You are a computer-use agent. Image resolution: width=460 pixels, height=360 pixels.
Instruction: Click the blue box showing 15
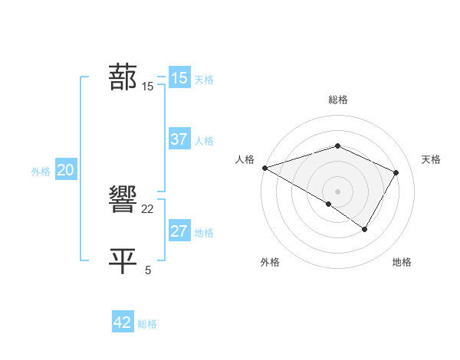click(x=179, y=78)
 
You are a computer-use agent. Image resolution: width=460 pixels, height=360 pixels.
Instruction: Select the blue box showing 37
click(x=179, y=139)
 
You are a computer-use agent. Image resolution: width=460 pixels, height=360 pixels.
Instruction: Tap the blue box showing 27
click(x=179, y=231)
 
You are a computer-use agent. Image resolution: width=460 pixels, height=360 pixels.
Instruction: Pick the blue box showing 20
click(x=65, y=170)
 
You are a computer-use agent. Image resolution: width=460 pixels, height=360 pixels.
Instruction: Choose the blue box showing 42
click(x=123, y=322)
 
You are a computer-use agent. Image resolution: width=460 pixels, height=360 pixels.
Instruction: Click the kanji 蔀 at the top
click(x=123, y=77)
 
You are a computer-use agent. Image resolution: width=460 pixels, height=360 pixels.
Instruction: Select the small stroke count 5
click(x=148, y=270)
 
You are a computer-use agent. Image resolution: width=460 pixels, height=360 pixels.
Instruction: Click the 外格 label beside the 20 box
click(x=41, y=172)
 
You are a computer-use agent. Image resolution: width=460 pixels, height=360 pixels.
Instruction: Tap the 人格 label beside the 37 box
click(x=204, y=141)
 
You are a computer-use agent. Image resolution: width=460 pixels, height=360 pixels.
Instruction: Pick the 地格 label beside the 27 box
click(x=204, y=233)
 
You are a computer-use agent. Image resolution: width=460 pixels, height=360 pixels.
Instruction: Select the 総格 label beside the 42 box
click(x=147, y=324)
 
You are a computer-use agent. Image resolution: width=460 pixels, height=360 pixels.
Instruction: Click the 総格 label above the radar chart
click(x=337, y=100)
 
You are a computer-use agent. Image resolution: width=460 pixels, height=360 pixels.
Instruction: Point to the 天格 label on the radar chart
click(x=431, y=159)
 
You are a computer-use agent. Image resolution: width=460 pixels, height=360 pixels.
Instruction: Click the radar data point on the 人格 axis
click(x=264, y=168)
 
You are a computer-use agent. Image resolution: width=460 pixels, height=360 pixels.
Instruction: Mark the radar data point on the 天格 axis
click(x=396, y=172)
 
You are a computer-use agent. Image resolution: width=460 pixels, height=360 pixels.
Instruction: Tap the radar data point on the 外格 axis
click(x=329, y=204)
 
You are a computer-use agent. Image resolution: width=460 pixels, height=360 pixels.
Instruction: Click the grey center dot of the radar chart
click(x=337, y=191)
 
